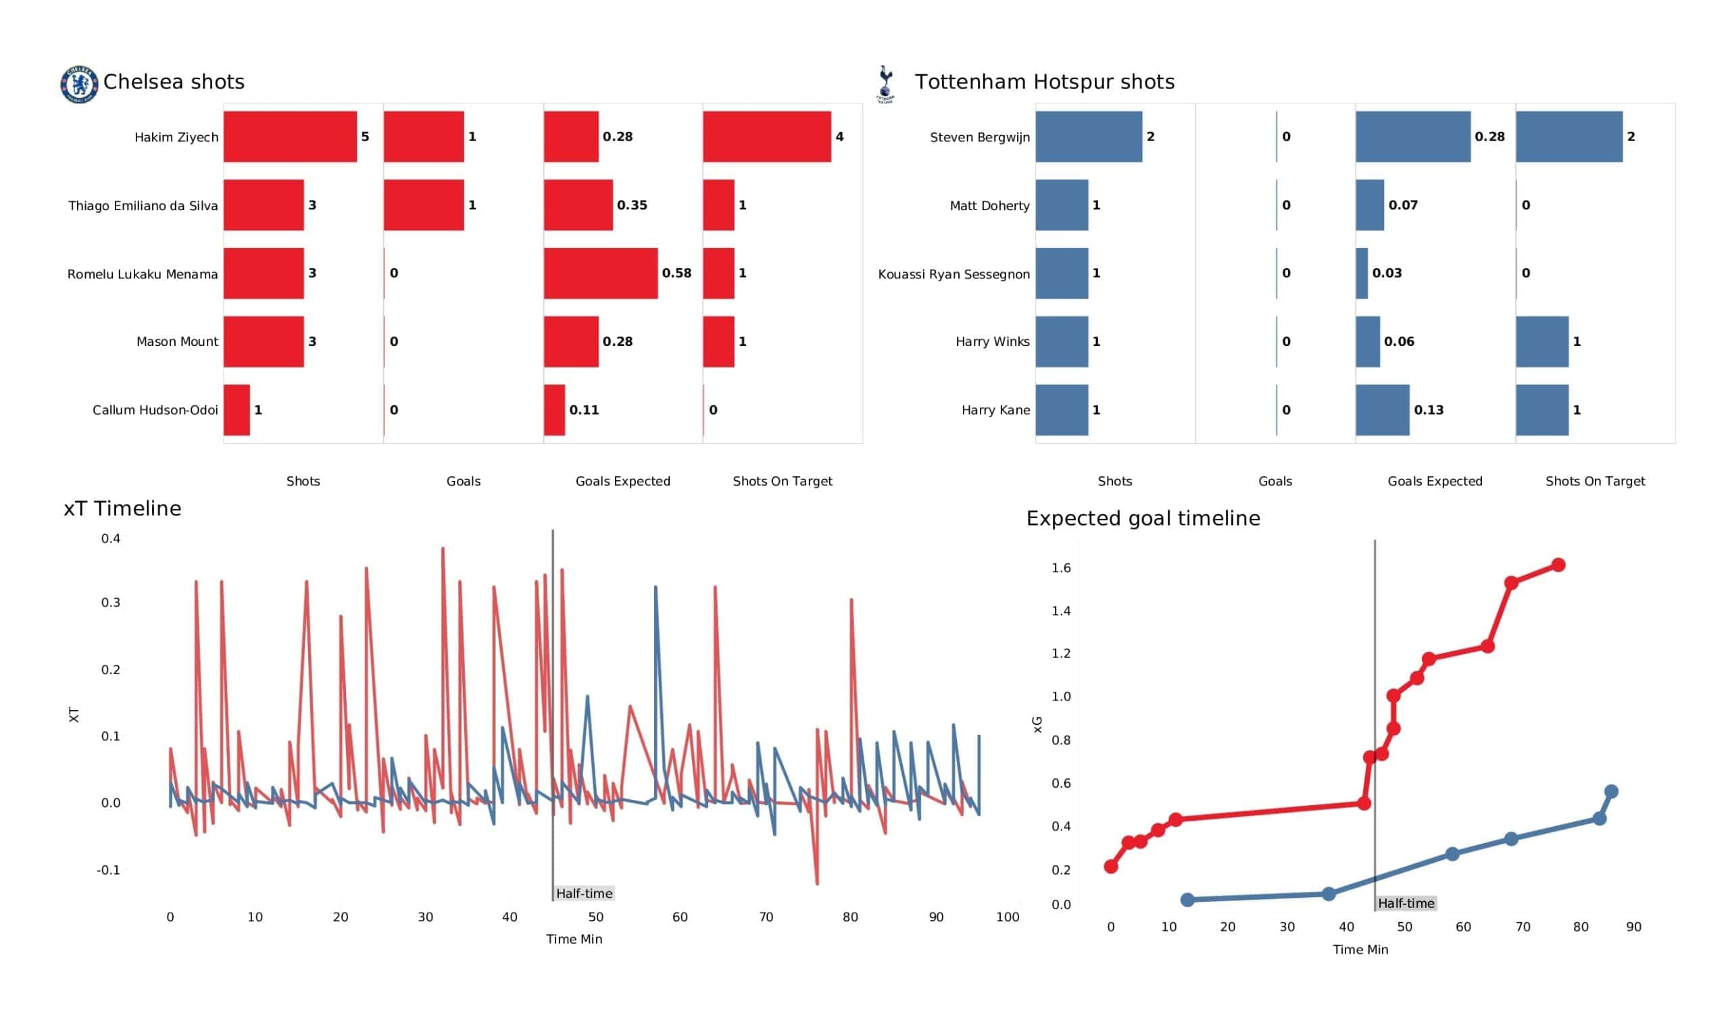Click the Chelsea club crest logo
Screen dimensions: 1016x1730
[79, 84]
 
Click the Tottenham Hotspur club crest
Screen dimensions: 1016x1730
[885, 84]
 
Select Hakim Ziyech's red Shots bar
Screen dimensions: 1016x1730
[290, 136]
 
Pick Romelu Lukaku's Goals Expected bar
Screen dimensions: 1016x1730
[600, 273]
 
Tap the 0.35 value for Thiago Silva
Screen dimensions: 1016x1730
[632, 205]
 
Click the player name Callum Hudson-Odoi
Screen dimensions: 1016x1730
[155, 411]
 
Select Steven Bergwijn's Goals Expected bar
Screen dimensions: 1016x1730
[1412, 136]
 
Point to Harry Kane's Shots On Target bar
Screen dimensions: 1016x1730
[1541, 411]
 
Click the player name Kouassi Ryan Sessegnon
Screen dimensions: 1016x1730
[954, 274]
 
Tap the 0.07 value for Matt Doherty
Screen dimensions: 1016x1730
[1402, 205]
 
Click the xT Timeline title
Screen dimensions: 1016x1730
[122, 509]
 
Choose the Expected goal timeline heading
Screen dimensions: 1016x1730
[1142, 518]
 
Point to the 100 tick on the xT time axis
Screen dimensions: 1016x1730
[1007, 917]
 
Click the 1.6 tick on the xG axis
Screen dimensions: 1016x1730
[1061, 567]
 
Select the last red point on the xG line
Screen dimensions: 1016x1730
[1558, 565]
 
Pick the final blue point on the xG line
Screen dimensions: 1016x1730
[1610, 792]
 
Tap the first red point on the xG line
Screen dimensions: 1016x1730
[1111, 866]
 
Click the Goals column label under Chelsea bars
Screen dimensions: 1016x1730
[464, 481]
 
